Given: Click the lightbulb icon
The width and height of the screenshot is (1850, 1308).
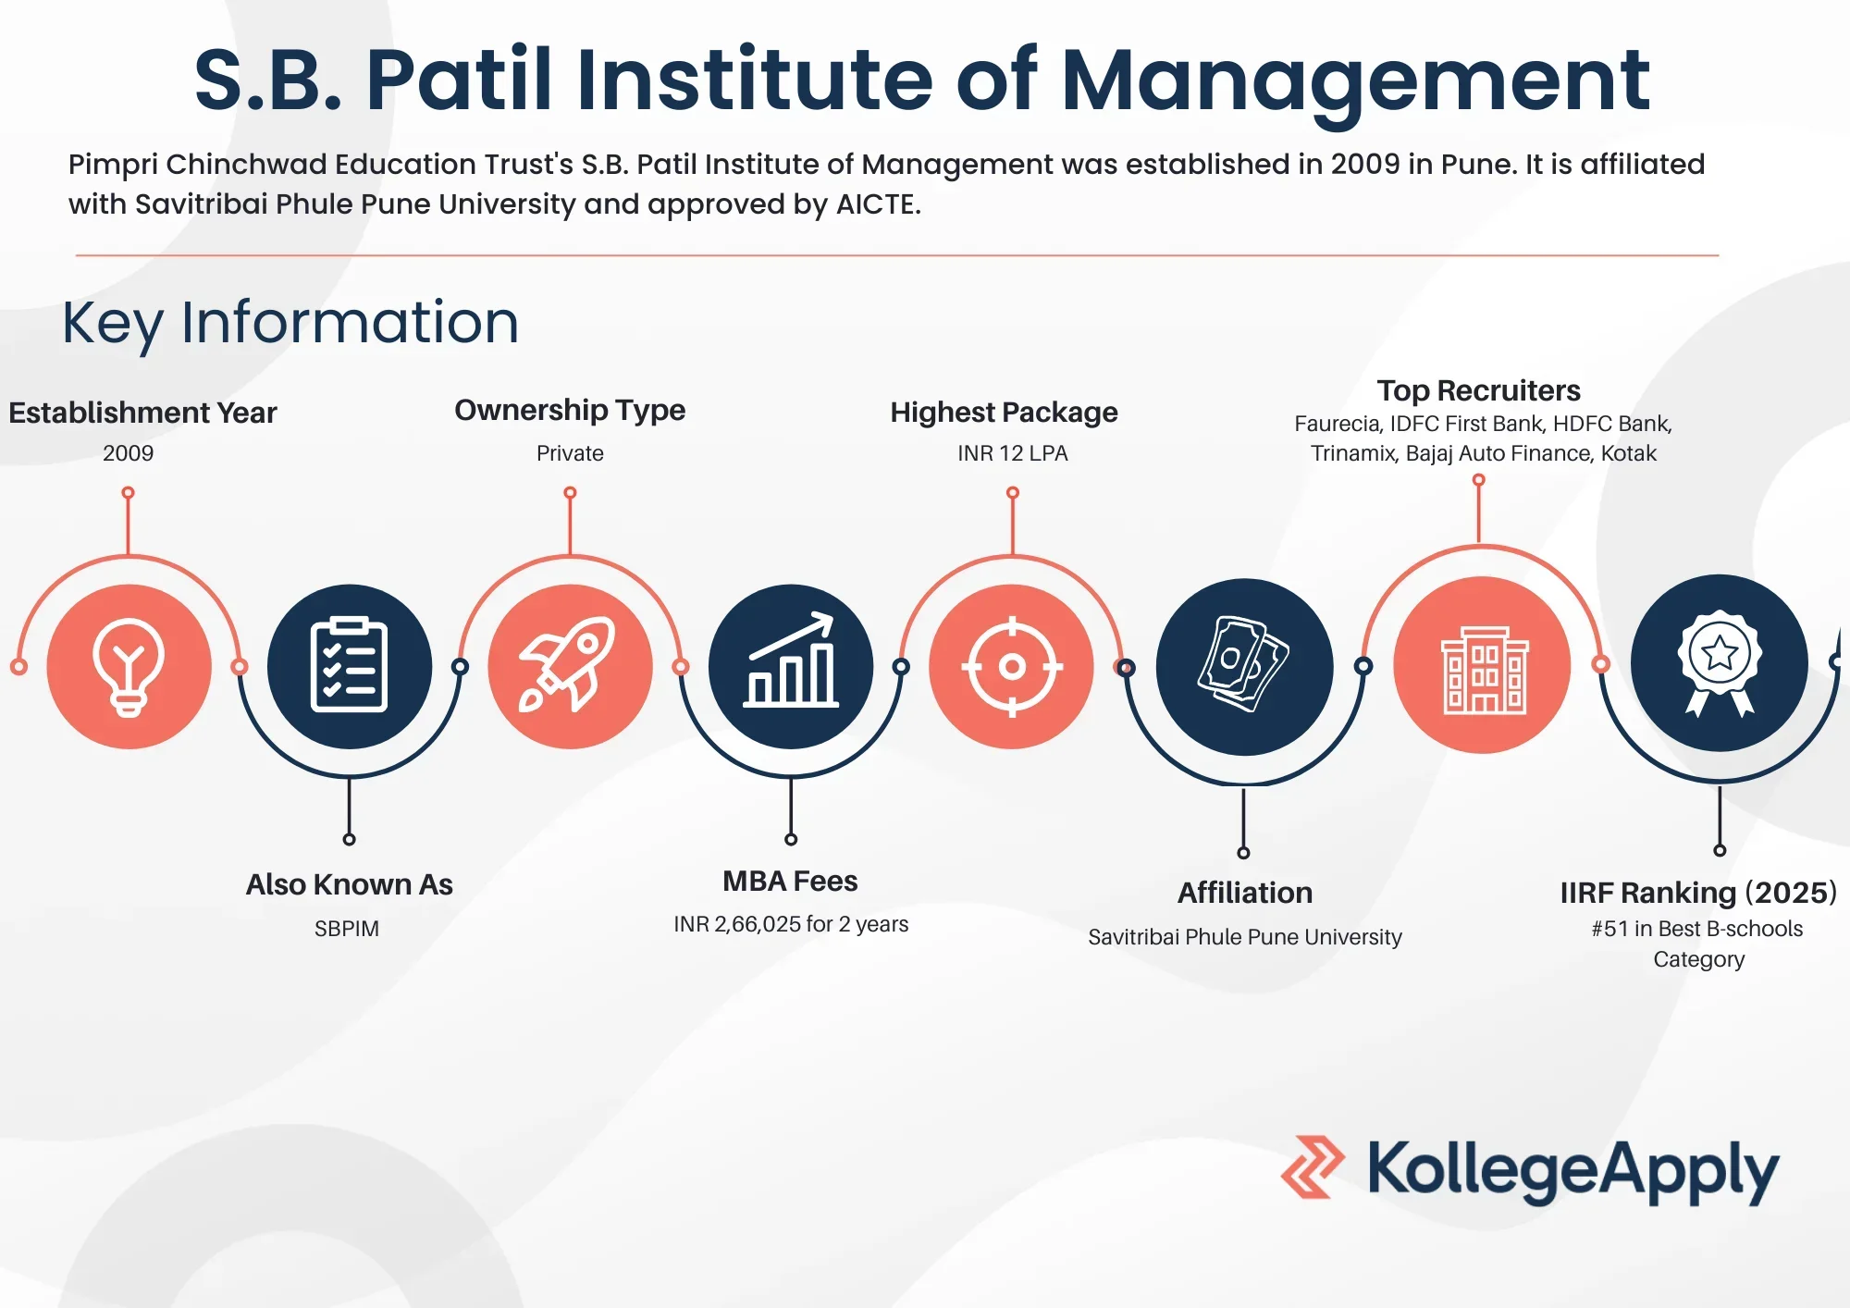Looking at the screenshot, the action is pyautogui.click(x=129, y=667).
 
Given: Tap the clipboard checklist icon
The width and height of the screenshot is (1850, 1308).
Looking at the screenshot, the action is pyautogui.click(x=349, y=664).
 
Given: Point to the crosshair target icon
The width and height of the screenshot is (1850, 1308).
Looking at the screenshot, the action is pyautogui.click(x=1012, y=666).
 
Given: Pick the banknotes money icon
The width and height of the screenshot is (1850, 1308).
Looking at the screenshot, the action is pyautogui.click(x=1243, y=663).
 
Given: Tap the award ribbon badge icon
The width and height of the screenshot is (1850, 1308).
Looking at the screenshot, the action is pyautogui.click(x=1720, y=662).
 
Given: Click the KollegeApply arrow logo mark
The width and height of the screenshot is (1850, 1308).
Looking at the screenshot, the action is pyautogui.click(x=1312, y=1167).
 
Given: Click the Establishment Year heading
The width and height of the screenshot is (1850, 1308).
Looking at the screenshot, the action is pyautogui.click(x=142, y=413).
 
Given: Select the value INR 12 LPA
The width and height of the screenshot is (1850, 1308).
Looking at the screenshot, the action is pyautogui.click(x=1012, y=453).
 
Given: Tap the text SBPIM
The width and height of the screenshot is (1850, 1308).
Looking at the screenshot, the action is pyautogui.click(x=347, y=929).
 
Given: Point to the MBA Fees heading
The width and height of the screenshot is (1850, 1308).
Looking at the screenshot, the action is pyautogui.click(x=790, y=881).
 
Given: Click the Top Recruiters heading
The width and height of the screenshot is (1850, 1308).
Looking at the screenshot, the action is pyautogui.click(x=1478, y=390).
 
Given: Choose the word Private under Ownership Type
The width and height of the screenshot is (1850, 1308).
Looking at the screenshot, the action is pyautogui.click(x=570, y=453).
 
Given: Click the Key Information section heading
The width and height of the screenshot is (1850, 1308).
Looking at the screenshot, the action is pyautogui.click(x=290, y=324).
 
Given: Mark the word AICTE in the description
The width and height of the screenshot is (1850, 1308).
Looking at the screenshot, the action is pyautogui.click(x=877, y=204).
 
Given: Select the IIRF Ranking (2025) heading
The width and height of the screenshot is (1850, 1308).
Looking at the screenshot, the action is pyautogui.click(x=1698, y=893).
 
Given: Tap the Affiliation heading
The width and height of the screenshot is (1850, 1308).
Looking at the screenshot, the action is pyautogui.click(x=1245, y=893).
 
